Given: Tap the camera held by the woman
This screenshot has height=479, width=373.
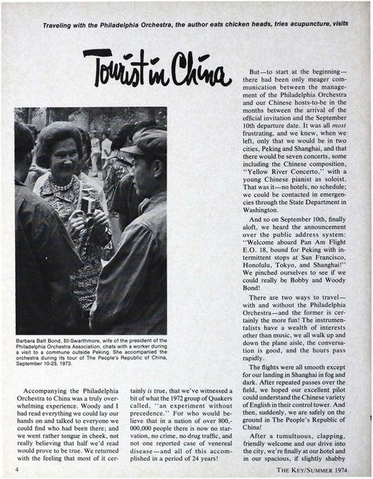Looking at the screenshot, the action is click(86, 204).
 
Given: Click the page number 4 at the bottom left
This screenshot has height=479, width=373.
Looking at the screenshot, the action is click(16, 469).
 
